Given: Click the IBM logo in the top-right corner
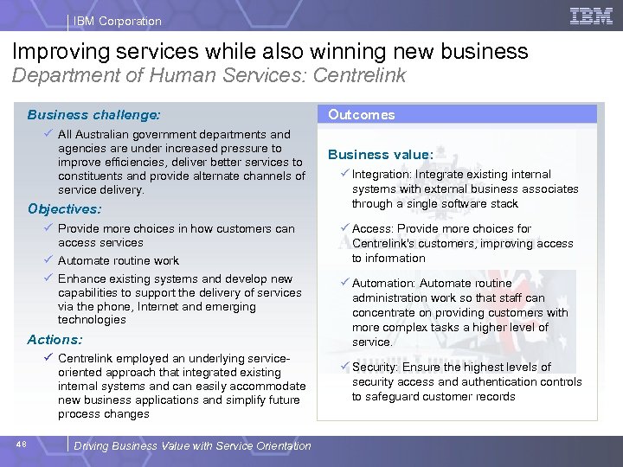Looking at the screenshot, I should [x=591, y=16].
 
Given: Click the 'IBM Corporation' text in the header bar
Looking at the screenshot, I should [x=117, y=21].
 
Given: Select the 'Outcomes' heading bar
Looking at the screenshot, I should [x=461, y=114].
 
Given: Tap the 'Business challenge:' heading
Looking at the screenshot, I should [x=93, y=114].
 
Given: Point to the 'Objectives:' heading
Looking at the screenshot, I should [x=64, y=208].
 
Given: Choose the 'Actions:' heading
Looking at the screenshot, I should [x=55, y=340].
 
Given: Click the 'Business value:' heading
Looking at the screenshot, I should [x=380, y=155].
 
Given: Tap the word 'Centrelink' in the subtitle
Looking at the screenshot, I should [x=360, y=76].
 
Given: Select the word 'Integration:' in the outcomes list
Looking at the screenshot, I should [x=382, y=175].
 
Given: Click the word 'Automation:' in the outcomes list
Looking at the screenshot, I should [x=383, y=283].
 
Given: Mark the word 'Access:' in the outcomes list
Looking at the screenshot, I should [x=372, y=228].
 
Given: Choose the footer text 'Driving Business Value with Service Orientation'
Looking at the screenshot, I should [x=193, y=446].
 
